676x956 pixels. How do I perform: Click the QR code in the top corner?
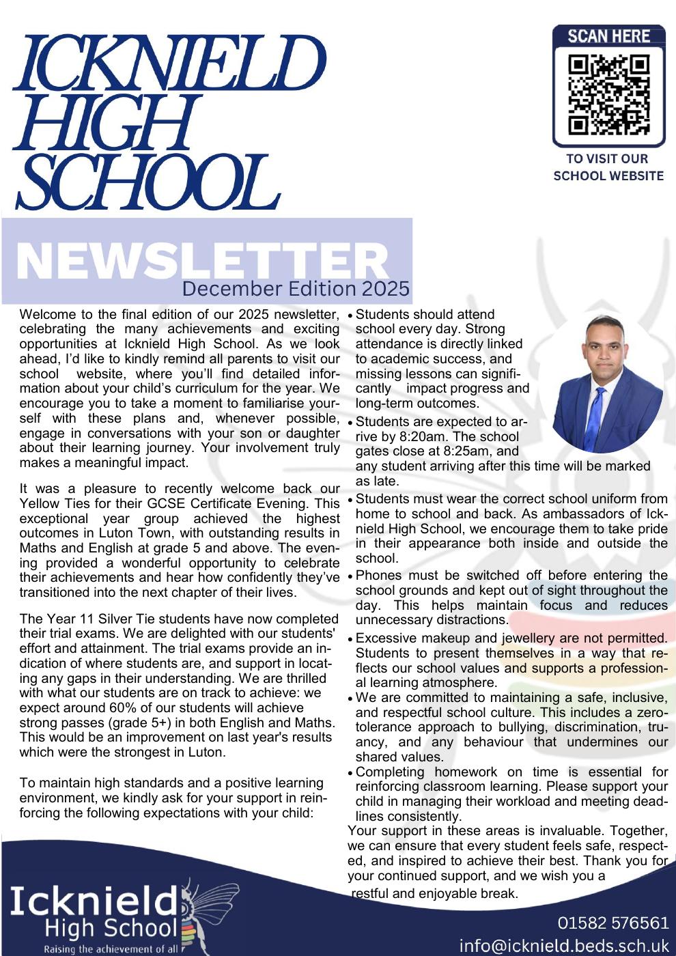608,95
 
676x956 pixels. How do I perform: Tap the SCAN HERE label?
608,36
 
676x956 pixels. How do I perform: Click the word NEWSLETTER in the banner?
202,260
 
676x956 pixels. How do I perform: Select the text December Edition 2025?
295,289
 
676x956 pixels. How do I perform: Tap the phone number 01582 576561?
612,923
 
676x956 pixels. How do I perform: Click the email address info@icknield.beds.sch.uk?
563,946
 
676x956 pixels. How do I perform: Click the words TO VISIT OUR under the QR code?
607,158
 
